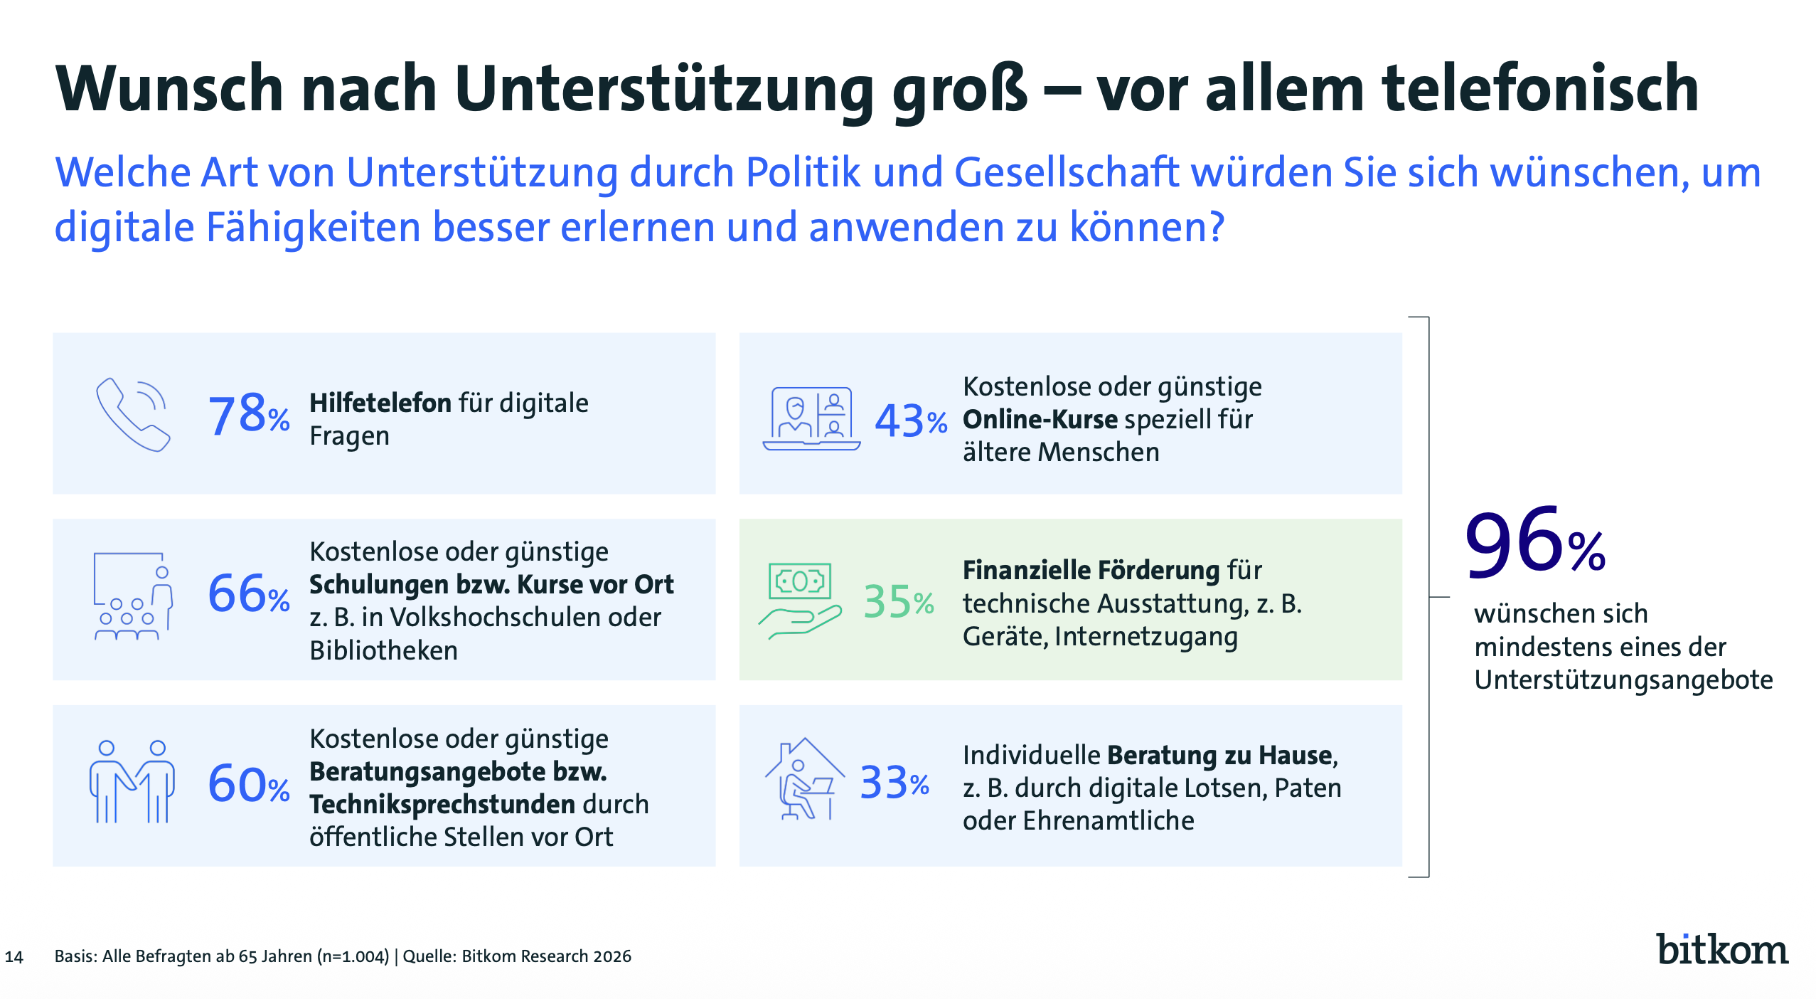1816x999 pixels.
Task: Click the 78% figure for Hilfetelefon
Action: pos(248,415)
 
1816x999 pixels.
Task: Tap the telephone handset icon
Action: pos(133,414)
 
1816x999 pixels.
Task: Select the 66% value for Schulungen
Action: pos(248,594)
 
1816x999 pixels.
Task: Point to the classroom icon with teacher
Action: pos(133,596)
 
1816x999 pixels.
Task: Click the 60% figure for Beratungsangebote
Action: pos(248,785)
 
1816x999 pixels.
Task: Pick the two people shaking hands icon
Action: pos(132,782)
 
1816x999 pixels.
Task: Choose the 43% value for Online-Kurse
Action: pos(910,421)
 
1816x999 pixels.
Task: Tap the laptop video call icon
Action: pos(811,418)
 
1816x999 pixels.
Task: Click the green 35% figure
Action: pos(898,602)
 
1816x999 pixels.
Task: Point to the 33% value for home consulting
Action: pos(894,783)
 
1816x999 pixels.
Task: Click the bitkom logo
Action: pos(1721,950)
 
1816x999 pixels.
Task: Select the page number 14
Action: pos(14,957)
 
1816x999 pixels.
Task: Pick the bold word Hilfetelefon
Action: pos(380,403)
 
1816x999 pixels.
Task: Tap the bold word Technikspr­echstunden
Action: pos(442,805)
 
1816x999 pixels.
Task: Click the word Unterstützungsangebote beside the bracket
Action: pos(1623,680)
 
